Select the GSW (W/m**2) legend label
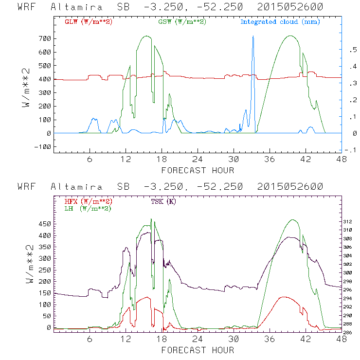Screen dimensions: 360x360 (181, 22)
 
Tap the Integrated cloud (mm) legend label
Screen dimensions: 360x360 (280, 22)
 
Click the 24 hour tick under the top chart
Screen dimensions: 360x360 (198, 160)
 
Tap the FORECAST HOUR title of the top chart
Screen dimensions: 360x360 (198, 170)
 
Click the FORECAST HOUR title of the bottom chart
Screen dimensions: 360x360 (198, 350)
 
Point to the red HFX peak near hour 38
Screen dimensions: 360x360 (283, 297)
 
